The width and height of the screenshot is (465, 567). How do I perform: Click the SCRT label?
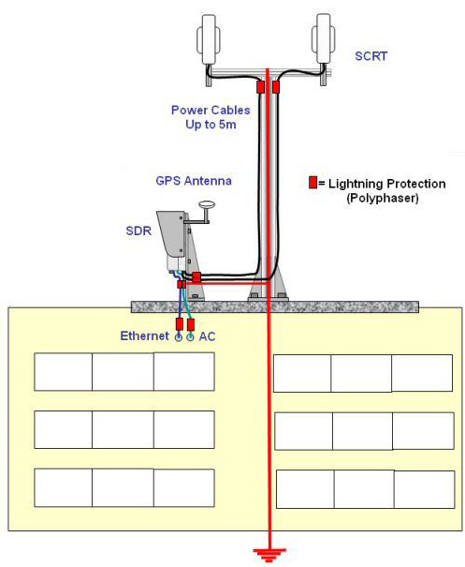click(x=371, y=56)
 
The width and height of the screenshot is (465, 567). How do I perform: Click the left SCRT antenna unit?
click(x=209, y=39)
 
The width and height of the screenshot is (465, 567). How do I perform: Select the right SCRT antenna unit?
click(x=323, y=39)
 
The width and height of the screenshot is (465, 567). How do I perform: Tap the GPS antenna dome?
click(x=207, y=206)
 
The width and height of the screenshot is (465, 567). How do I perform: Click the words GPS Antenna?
click(x=194, y=181)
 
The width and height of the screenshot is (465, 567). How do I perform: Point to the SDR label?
click(x=138, y=231)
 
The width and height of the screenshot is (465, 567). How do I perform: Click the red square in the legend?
click(x=312, y=182)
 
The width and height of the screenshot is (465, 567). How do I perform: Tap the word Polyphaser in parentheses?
click(x=383, y=198)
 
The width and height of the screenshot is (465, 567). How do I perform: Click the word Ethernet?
click(x=144, y=336)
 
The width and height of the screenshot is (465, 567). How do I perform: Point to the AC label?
click(x=207, y=336)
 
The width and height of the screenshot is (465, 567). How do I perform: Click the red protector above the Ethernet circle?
click(x=180, y=324)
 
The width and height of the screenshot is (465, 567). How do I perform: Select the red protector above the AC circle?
click(x=191, y=324)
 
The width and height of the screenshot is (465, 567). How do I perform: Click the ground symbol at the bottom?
click(x=269, y=554)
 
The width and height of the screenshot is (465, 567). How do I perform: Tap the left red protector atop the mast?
click(x=260, y=87)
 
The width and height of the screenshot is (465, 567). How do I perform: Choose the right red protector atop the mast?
click(x=275, y=87)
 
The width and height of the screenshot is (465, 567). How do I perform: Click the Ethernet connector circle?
click(x=179, y=337)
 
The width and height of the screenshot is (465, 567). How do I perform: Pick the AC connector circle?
click(x=190, y=337)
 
